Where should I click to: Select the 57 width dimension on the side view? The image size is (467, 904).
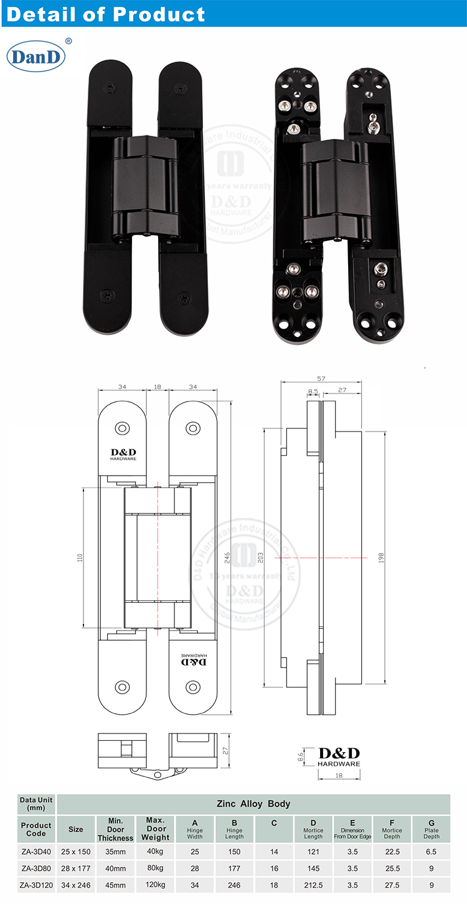tap(321, 378)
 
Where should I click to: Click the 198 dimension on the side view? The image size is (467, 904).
tap(380, 558)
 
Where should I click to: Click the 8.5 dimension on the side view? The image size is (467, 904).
tap(313, 392)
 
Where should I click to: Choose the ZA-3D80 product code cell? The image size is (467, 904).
tap(36, 868)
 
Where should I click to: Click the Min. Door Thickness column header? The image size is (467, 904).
tap(115, 829)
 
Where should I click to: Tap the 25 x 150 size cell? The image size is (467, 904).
tap(75, 851)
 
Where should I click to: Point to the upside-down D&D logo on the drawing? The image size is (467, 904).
tap(193, 660)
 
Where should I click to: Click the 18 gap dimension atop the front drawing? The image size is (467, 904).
tap(157, 387)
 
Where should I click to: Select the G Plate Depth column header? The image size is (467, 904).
tap(431, 829)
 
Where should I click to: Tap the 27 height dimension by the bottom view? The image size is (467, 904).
tap(227, 751)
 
